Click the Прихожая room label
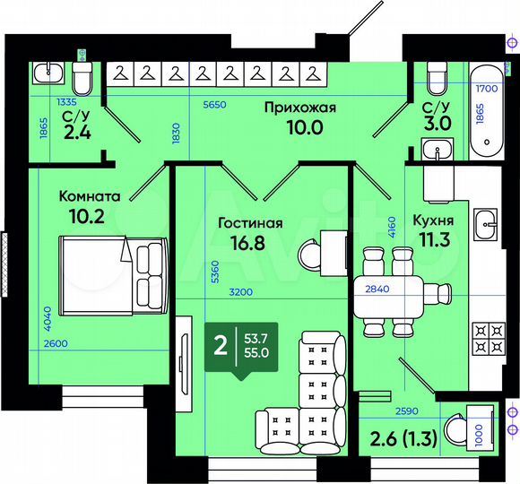click(x=299, y=108)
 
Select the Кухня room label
click(x=432, y=220)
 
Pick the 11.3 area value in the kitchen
click(x=432, y=239)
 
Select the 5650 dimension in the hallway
click(x=213, y=104)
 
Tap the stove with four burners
click(x=487, y=339)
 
